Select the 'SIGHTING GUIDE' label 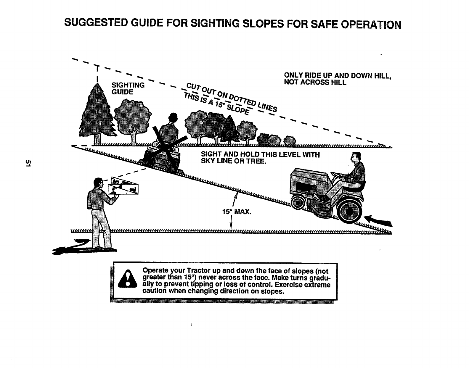pos(128,88)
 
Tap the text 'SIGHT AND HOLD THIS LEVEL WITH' pos(260,155)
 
